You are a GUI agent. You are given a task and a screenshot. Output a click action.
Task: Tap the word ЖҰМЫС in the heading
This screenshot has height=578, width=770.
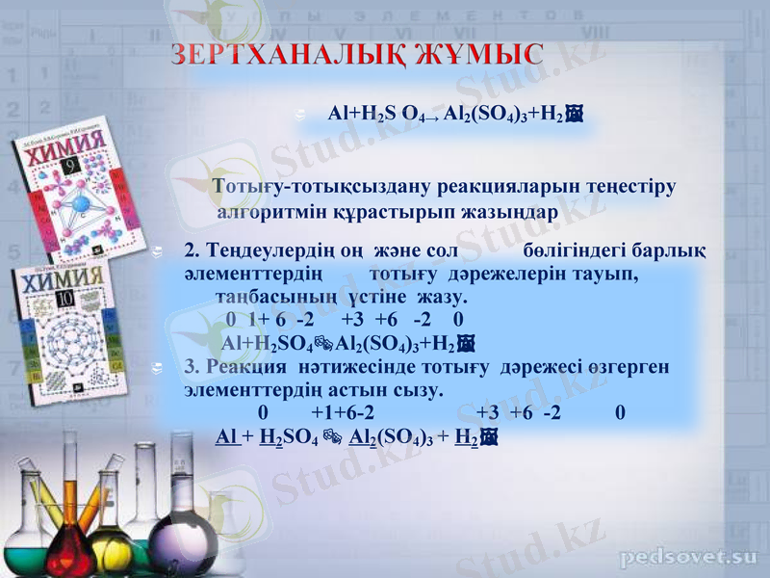[x=480, y=55]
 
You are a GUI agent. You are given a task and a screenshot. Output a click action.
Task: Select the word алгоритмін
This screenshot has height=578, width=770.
[x=274, y=210]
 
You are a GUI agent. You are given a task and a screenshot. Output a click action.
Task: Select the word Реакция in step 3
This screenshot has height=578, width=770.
[x=253, y=368]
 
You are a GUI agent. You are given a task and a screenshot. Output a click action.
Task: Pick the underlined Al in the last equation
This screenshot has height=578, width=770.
[x=227, y=436]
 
